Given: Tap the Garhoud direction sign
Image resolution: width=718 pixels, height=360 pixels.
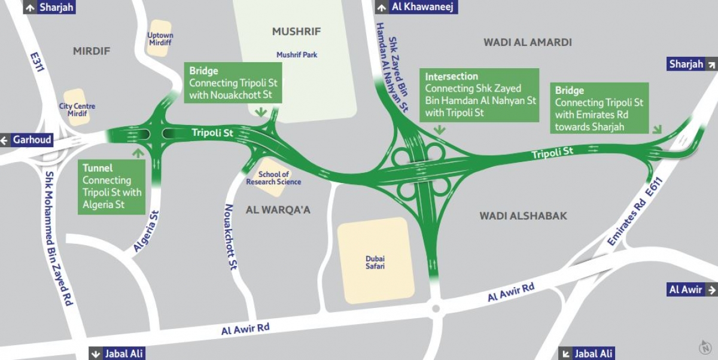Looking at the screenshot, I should point(26,141).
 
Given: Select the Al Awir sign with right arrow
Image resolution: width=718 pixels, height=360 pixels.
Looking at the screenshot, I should point(692,289).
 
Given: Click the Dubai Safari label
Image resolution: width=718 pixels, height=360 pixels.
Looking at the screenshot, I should point(375,263).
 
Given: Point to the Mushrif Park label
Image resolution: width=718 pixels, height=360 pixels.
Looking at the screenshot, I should point(297,55).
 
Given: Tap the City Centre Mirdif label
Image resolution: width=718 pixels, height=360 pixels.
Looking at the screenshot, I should point(77,110).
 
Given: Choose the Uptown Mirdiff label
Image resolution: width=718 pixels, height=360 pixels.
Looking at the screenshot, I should point(160,39).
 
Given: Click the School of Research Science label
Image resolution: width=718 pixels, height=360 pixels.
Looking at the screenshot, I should point(273,178).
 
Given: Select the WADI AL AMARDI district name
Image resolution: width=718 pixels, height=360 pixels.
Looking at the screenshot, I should point(527,42).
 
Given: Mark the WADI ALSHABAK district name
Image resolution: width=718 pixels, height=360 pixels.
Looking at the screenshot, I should point(523,216).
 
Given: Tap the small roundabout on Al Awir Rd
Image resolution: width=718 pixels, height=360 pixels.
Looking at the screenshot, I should point(434,309).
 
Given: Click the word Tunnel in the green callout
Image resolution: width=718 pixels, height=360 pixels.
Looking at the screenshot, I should point(98,169).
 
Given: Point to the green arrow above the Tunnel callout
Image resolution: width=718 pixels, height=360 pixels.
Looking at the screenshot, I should point(138,153).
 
